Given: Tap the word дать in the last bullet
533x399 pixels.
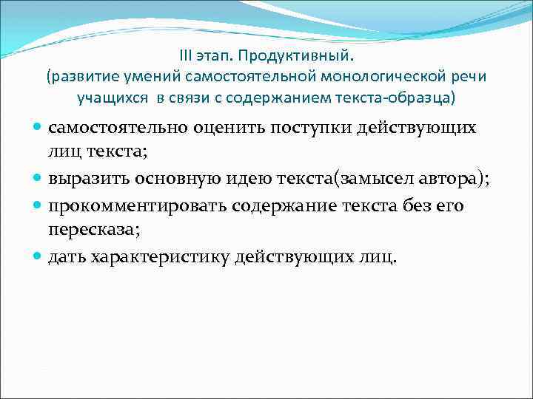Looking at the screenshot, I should (x=65, y=256).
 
